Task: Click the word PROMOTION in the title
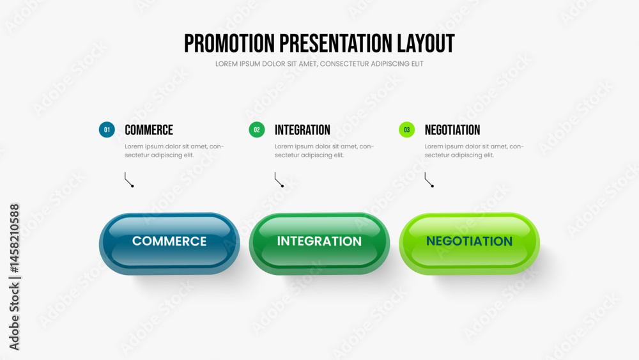pos(229,43)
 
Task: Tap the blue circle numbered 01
pos(107,130)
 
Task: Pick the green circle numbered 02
pos(257,130)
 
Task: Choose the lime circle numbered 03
pos(406,130)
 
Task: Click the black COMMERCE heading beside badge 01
pos(149,130)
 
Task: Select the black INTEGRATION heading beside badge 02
pos(302,130)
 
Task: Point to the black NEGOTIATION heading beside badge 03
pos(452,130)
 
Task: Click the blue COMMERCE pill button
pos(169,244)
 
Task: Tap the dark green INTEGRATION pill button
pos(319,244)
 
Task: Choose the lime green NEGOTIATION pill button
pos(469,244)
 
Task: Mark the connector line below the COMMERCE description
pos(127,180)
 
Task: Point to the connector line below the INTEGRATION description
pos(277,180)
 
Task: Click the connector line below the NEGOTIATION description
pos(427,180)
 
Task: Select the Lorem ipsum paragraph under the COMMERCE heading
pos(174,150)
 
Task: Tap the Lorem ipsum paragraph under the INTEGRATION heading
pos(325,150)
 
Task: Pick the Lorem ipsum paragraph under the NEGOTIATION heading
pos(474,150)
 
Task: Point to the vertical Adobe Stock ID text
pos(14,277)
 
